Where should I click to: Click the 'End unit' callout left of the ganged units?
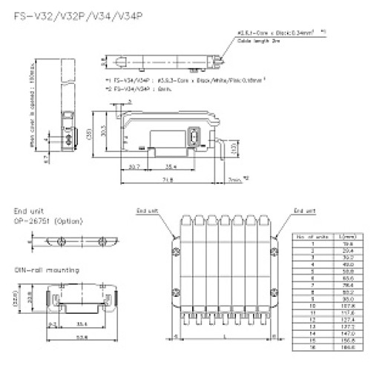pos(145,211)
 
